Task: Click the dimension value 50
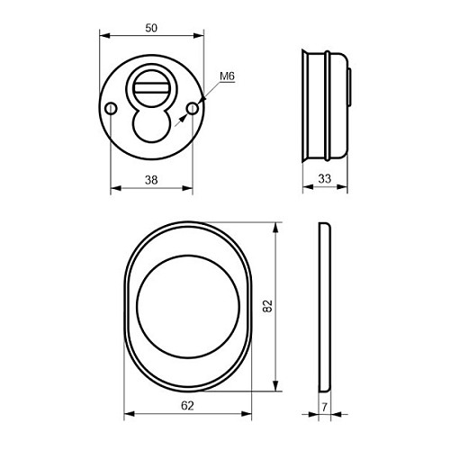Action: tap(151, 28)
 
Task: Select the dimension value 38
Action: tap(151, 180)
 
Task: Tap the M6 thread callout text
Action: tap(227, 76)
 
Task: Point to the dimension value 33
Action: tap(325, 179)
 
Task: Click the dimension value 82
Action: tap(267, 306)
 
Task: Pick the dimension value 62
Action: tap(187, 406)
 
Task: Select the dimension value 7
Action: tap(324, 408)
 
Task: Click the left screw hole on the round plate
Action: tap(111, 108)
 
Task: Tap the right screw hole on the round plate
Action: tap(193, 108)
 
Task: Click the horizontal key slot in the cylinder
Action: tap(151, 88)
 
